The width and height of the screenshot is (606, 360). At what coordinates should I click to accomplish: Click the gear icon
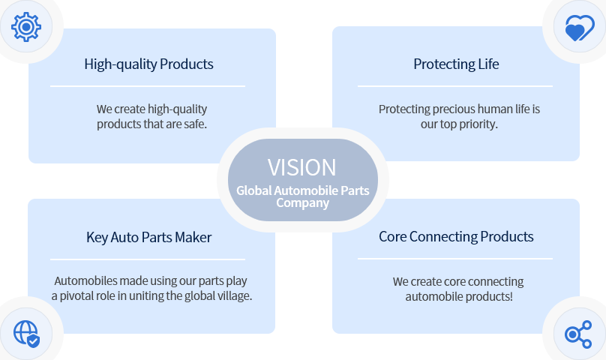coord(26,27)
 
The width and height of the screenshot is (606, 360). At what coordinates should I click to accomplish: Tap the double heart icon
coord(579,28)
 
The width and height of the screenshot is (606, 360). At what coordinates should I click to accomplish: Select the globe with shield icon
coord(27,334)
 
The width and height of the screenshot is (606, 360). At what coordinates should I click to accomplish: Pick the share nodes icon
coord(578,334)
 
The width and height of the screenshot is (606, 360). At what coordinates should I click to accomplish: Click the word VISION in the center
coord(301,167)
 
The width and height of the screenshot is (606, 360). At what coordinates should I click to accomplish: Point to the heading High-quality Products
coord(148,64)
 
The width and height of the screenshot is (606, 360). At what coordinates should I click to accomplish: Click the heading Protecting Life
coord(456,64)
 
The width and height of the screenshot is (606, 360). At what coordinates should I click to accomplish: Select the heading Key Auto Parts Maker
coord(148,238)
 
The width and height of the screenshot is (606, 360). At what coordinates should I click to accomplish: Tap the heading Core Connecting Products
coord(456,237)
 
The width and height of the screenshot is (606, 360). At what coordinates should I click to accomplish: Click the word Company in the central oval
coord(302,203)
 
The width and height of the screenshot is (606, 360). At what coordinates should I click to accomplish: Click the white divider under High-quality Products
coord(148,86)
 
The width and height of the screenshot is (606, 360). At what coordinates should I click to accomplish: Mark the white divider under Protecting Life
coord(455,86)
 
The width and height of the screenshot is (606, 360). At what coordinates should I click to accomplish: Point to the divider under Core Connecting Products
coord(455,259)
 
